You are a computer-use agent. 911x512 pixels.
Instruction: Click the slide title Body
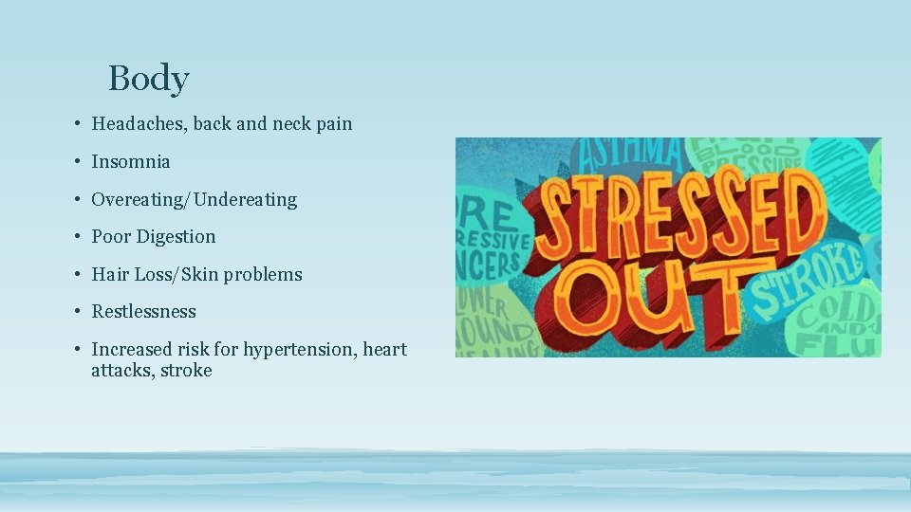(x=149, y=78)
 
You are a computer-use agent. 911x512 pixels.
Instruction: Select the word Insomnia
(x=131, y=162)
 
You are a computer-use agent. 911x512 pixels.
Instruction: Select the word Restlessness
(x=143, y=312)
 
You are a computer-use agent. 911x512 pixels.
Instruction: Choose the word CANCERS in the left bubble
(x=490, y=264)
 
